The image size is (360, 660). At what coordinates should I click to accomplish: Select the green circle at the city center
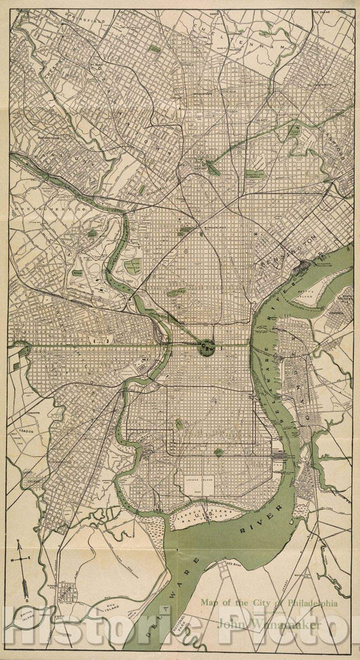[207, 347]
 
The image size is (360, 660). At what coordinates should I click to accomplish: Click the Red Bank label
[234, 561]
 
